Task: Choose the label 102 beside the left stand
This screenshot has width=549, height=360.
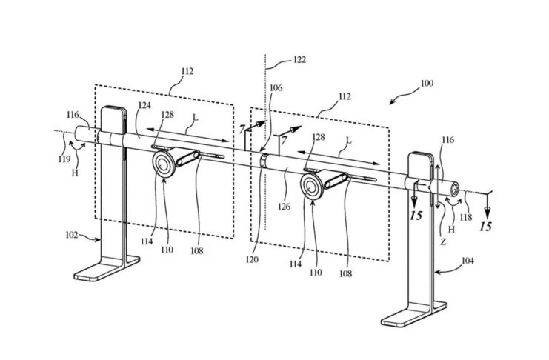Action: (x=72, y=236)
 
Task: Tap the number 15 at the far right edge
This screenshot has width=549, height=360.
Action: (x=486, y=226)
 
